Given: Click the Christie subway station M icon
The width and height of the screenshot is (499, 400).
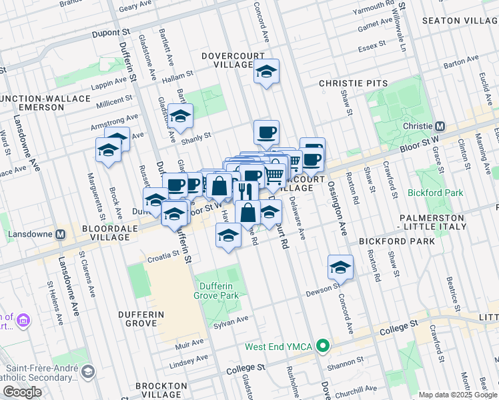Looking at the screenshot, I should (x=440, y=126).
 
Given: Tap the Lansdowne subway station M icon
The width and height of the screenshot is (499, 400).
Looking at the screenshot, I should (x=61, y=235).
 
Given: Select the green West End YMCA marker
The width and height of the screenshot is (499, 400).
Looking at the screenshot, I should (x=324, y=345).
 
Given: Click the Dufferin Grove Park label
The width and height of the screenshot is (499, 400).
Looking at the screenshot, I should (x=216, y=289).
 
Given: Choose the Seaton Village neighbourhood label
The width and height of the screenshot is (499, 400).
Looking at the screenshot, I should (x=460, y=21).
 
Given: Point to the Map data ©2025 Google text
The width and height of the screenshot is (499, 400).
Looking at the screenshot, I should (x=458, y=395).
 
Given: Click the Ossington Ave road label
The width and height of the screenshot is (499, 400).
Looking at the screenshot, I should (x=337, y=207).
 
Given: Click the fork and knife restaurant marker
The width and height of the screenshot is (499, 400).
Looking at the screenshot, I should (x=245, y=192).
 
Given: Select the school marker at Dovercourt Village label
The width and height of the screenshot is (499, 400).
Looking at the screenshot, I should (x=266, y=72).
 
